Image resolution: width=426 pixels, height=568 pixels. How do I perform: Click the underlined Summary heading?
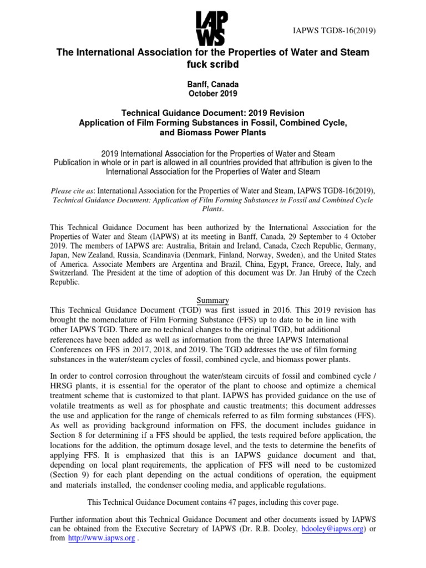tap(213, 301)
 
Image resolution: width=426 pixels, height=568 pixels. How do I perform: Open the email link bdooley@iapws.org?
tap(332, 529)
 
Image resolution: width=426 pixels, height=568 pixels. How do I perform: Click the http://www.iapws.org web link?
tap(101, 539)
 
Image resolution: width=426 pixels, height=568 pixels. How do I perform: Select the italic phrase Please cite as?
tap(72, 190)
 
